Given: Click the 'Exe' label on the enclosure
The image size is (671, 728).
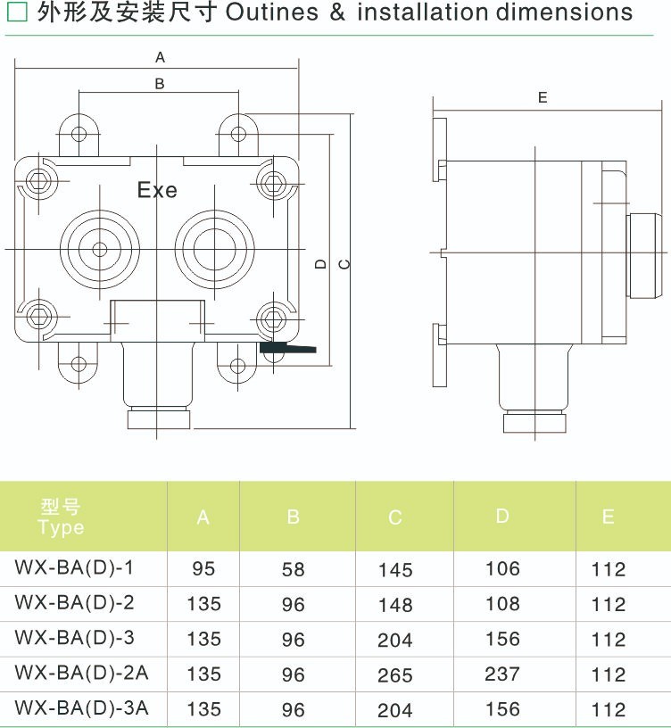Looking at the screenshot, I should coord(157,190).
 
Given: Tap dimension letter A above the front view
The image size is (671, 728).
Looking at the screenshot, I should coord(161,57).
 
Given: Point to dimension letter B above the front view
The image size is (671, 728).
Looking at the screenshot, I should coord(160,84).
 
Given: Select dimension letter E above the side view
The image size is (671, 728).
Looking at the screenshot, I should coord(543,98).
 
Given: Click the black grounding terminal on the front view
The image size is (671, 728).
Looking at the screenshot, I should coord(287,348).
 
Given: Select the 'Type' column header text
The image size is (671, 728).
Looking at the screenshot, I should coord(61,527).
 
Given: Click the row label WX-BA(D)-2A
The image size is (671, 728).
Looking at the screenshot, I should coord(81,674).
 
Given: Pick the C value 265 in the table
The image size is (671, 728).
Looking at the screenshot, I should coord(395,675).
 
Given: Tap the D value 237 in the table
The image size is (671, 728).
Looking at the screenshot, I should coord(502,674).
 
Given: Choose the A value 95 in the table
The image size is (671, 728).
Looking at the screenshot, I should coord(203,569).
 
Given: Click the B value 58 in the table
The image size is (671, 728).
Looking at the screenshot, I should coord(293,570).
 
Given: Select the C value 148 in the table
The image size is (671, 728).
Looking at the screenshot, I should coord(395,605).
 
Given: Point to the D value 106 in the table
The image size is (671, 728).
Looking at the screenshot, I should coord(502,569).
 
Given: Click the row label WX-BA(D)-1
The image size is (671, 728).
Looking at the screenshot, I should coord(75,567).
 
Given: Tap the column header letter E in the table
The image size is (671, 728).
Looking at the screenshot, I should coord(608,517).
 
